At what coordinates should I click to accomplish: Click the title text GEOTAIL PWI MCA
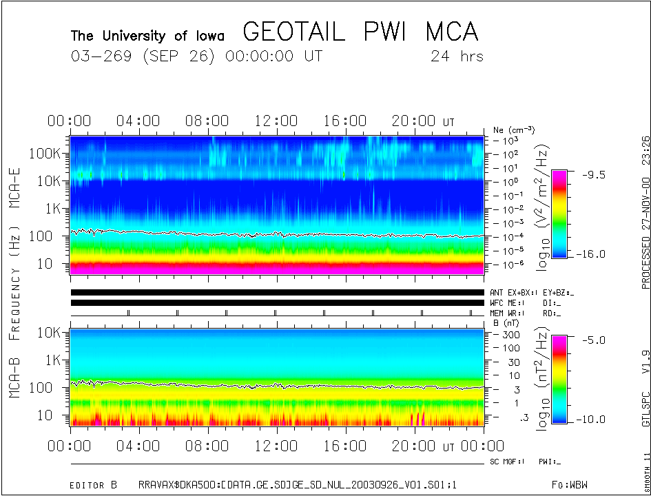coord(360,32)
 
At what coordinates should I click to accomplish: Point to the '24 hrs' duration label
coord(456,56)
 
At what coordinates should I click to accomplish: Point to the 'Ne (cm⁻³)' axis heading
coord(514,130)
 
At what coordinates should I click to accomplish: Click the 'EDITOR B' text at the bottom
coord(94,485)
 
